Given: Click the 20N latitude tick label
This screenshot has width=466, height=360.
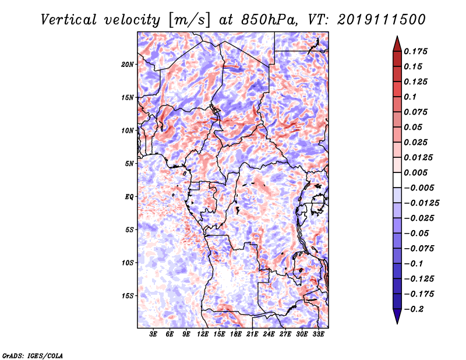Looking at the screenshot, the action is tap(128, 65).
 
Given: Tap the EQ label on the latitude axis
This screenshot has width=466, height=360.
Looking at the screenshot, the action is tap(129, 197).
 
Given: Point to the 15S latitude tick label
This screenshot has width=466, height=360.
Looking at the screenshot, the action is tap(128, 296).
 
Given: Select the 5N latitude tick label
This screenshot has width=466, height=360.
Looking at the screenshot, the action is tap(129, 164).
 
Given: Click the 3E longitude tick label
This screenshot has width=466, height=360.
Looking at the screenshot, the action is tap(153, 334).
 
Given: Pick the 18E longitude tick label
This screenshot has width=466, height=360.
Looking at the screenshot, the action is tap(236, 334).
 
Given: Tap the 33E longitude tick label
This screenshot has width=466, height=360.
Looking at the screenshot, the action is tap(318, 334).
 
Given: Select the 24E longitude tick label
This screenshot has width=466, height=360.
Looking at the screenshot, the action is tap(269, 334).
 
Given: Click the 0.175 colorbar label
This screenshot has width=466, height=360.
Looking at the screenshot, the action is tap(415, 51).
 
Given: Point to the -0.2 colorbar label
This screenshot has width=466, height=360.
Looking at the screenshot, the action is tap(414, 309).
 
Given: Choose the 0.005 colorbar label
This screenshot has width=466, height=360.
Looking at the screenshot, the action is tap(415, 172).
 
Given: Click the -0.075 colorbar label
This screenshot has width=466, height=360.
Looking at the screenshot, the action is tap(419, 249).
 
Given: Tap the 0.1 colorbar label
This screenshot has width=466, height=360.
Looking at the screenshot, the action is tap(410, 97).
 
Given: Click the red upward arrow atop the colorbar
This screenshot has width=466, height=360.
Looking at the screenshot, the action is tap(397, 44).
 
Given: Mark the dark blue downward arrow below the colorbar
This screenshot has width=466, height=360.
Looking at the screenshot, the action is tap(397, 316).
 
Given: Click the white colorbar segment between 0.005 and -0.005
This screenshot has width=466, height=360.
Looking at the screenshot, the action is tap(397, 180).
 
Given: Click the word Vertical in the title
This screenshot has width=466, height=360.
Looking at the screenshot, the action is tap(69, 20).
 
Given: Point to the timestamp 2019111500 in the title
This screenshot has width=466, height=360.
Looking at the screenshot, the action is tap(382, 20).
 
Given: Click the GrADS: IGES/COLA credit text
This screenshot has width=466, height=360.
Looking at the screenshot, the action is tap(33, 356).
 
